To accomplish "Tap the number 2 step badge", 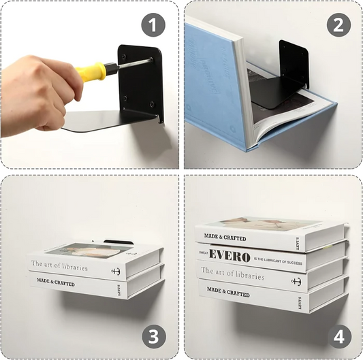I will click(338, 25).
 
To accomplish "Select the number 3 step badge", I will click(153, 336).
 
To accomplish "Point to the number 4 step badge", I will click(338, 336).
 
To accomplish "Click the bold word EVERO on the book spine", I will click(230, 255).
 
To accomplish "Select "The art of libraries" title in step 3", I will click(59, 267).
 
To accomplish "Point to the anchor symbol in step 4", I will click(297, 281).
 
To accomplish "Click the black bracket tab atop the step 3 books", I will click(119, 242).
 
